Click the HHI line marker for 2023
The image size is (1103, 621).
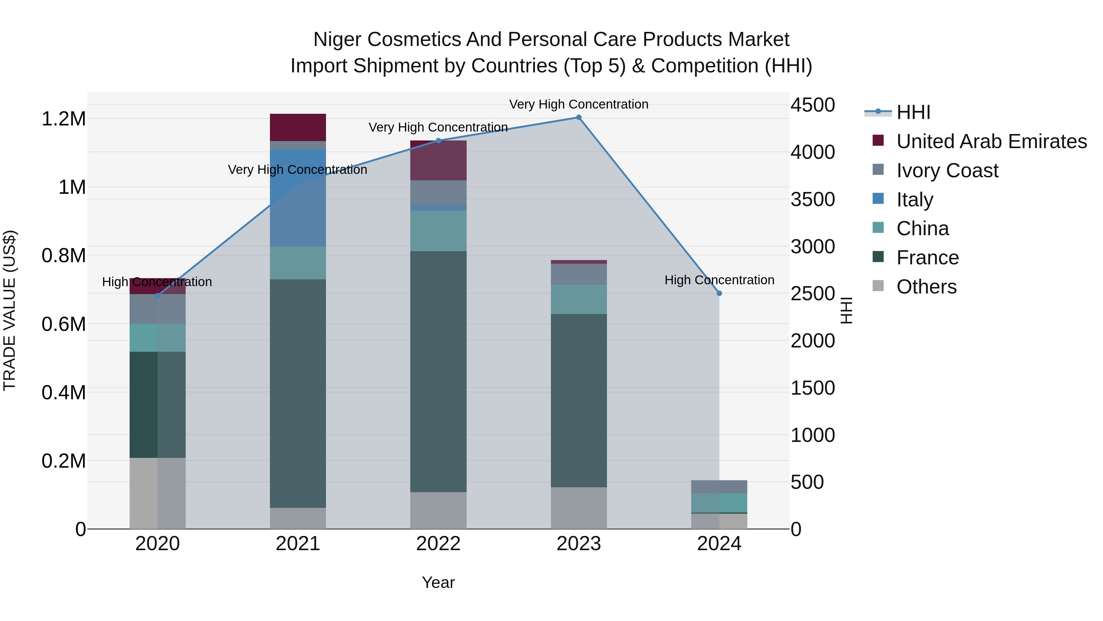coord(578,117)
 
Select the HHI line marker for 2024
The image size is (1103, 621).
coord(719,293)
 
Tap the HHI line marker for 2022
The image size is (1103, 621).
coord(438,140)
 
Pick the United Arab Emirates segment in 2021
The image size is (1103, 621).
coord(298,127)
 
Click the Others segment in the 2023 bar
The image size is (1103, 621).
coord(578,508)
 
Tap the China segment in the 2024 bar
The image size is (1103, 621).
coord(719,503)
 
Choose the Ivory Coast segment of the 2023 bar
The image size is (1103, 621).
coord(578,274)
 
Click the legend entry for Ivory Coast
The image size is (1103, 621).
coord(947,171)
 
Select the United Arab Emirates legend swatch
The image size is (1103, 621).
coord(878,140)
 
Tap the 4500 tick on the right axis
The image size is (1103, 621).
coord(812,105)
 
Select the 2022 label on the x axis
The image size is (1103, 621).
coord(438,544)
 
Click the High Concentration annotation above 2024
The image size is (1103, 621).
coord(719,280)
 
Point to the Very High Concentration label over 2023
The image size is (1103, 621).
coord(578,105)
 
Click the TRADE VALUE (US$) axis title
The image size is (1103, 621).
coord(10,310)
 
